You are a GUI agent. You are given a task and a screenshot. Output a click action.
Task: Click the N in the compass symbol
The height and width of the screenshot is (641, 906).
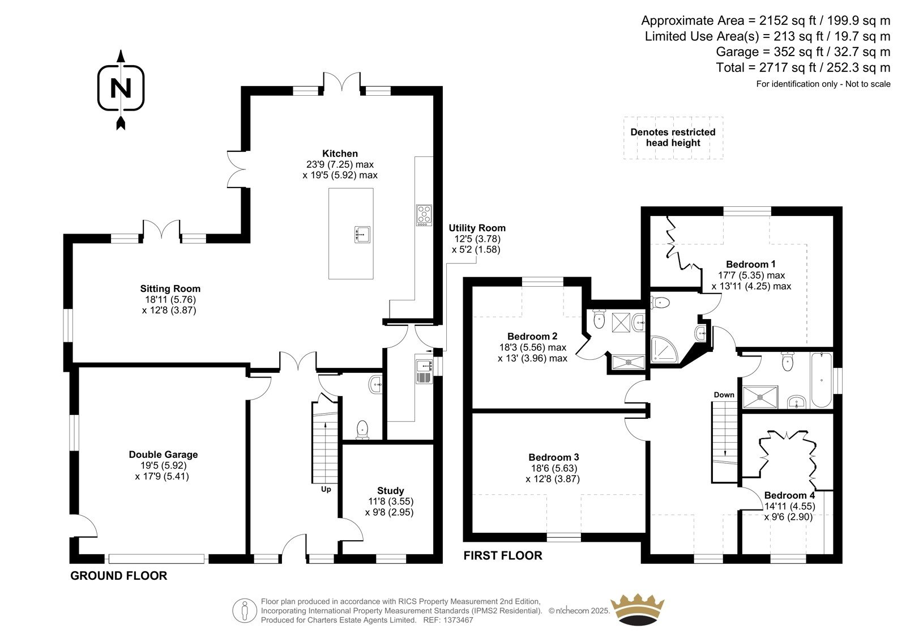point(121,88)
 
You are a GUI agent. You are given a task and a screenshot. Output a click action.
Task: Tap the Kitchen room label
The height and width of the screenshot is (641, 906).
point(340,154)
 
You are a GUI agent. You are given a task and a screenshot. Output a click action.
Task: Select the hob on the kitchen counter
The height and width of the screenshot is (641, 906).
point(424,215)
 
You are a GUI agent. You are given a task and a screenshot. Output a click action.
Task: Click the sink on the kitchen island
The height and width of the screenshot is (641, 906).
point(362,235)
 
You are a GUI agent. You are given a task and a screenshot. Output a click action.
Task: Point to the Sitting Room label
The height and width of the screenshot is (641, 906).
point(170,288)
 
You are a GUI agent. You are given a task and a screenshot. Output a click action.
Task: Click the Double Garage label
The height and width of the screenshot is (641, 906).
point(164,455)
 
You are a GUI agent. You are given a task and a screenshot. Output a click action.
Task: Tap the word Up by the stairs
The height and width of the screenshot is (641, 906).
point(326,489)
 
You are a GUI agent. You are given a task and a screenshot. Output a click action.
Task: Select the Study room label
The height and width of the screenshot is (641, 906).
point(390,491)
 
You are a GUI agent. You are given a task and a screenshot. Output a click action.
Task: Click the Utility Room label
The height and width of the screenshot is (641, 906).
point(477,228)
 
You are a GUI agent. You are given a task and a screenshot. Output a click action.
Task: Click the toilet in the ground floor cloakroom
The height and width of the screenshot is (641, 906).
point(362,430)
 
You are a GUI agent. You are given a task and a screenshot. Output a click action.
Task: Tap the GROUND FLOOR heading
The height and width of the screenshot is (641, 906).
point(118,576)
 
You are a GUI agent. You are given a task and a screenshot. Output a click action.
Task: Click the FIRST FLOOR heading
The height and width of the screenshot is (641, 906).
point(503,555)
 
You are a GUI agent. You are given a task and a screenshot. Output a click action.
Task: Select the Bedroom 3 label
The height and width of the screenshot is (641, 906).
point(554,457)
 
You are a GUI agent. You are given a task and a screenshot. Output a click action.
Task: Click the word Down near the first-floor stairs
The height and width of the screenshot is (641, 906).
point(724,395)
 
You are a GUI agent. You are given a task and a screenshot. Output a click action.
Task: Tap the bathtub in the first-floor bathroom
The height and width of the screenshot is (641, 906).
point(821,380)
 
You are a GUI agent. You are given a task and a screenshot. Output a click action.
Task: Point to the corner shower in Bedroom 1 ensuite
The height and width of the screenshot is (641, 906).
point(663,349)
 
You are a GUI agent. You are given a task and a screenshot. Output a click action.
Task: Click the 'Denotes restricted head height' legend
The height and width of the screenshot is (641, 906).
point(673,138)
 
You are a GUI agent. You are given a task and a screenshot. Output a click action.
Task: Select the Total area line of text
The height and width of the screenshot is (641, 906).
point(803,67)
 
